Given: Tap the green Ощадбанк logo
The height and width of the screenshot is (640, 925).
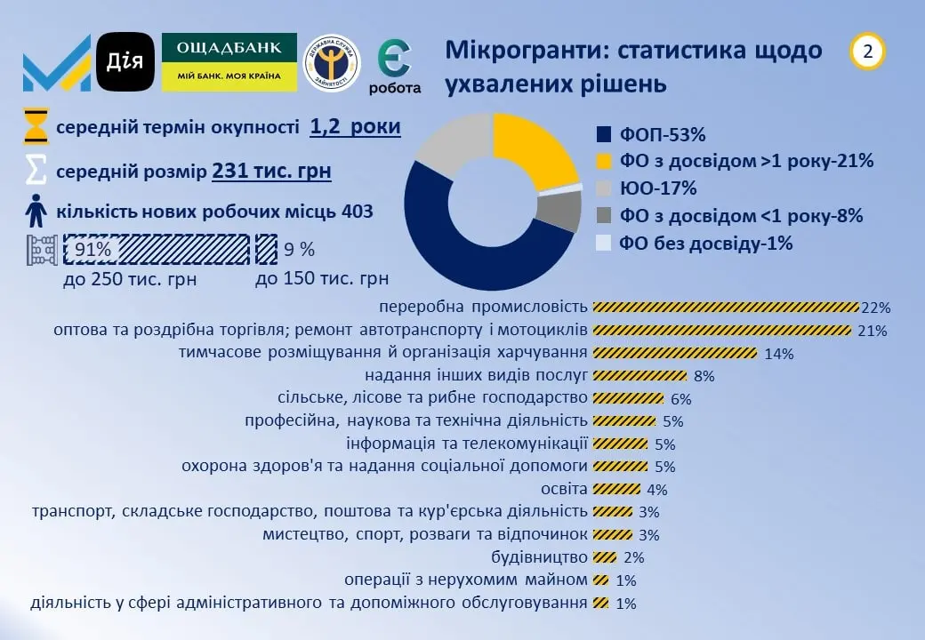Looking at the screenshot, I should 229,62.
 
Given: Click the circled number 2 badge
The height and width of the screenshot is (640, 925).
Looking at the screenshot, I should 868,52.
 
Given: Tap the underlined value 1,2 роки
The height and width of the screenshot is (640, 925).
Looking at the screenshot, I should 355,126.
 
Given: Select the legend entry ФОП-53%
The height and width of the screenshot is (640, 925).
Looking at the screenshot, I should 650,135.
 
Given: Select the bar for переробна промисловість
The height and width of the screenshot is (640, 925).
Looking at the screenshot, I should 725,308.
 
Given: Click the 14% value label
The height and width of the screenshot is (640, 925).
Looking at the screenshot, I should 778,354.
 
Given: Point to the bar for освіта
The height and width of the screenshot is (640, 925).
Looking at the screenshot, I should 616,489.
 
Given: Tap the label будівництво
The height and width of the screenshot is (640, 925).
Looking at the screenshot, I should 539,557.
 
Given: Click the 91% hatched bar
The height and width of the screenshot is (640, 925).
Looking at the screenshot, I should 156,250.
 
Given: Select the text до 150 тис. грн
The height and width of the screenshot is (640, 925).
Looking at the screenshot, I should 322,278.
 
